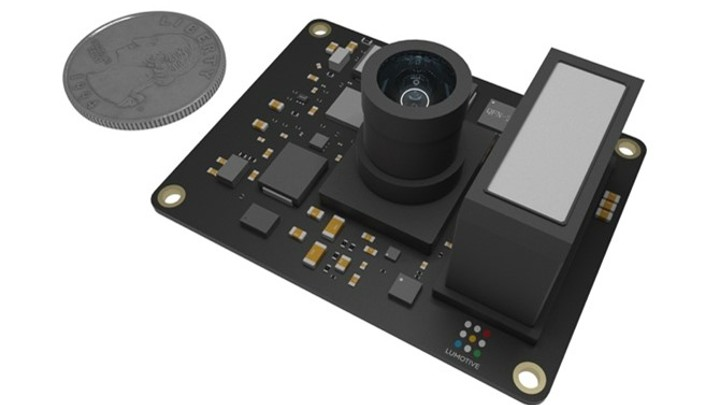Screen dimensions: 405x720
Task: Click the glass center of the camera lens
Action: [411, 93]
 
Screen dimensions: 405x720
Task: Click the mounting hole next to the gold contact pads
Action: [627, 149]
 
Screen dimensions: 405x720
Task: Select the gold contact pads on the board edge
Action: [606, 206]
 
